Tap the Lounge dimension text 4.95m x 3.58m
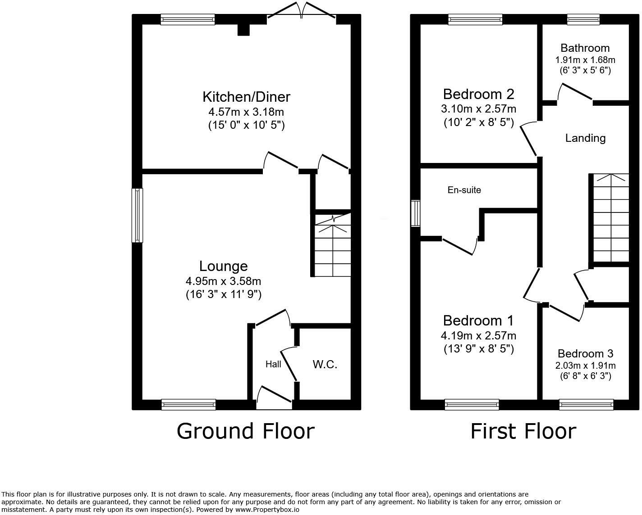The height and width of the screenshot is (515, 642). (223, 281)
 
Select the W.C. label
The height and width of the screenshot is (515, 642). (325, 364)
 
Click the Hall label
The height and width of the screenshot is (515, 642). (273, 364)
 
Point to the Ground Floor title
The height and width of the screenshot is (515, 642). (245, 431)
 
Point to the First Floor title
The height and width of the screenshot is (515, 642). (523, 431)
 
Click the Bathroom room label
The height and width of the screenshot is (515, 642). (585, 48)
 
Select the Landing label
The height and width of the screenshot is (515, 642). (585, 138)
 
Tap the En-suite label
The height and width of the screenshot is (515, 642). (464, 190)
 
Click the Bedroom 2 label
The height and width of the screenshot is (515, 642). (478, 94)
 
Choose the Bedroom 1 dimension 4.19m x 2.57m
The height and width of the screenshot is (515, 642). (478, 335)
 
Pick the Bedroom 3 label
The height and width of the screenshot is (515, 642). (585, 354)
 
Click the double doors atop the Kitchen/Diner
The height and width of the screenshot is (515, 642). (301, 13)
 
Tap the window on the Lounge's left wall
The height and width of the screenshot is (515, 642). (137, 215)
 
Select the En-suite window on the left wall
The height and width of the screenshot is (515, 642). (415, 213)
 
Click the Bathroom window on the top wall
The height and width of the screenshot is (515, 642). (583, 19)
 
